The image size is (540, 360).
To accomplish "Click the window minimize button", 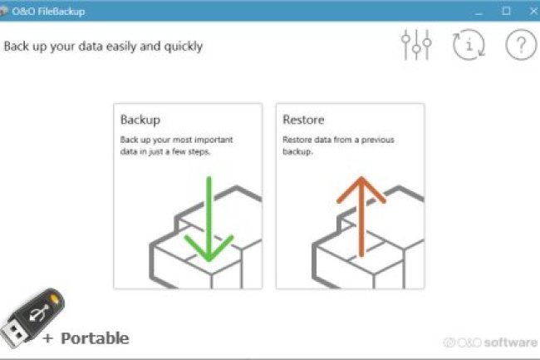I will (x=479, y=11).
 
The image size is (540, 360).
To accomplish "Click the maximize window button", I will (x=506, y=11).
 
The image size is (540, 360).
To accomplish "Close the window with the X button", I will (x=531, y=11).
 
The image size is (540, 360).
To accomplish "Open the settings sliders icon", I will (x=416, y=45).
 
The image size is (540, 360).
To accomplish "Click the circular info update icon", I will (x=469, y=45).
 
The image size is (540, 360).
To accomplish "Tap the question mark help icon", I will (x=520, y=45).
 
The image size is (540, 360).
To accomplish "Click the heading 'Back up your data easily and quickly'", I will (x=103, y=46).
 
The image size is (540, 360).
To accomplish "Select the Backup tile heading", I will (x=140, y=120).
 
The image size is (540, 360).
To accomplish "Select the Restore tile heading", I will (x=303, y=120).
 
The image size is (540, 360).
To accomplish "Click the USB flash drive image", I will (x=34, y=317).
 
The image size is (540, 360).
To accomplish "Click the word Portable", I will (x=95, y=338).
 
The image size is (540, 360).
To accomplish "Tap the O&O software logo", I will (x=489, y=342).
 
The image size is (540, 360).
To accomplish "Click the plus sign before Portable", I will (x=47, y=338).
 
